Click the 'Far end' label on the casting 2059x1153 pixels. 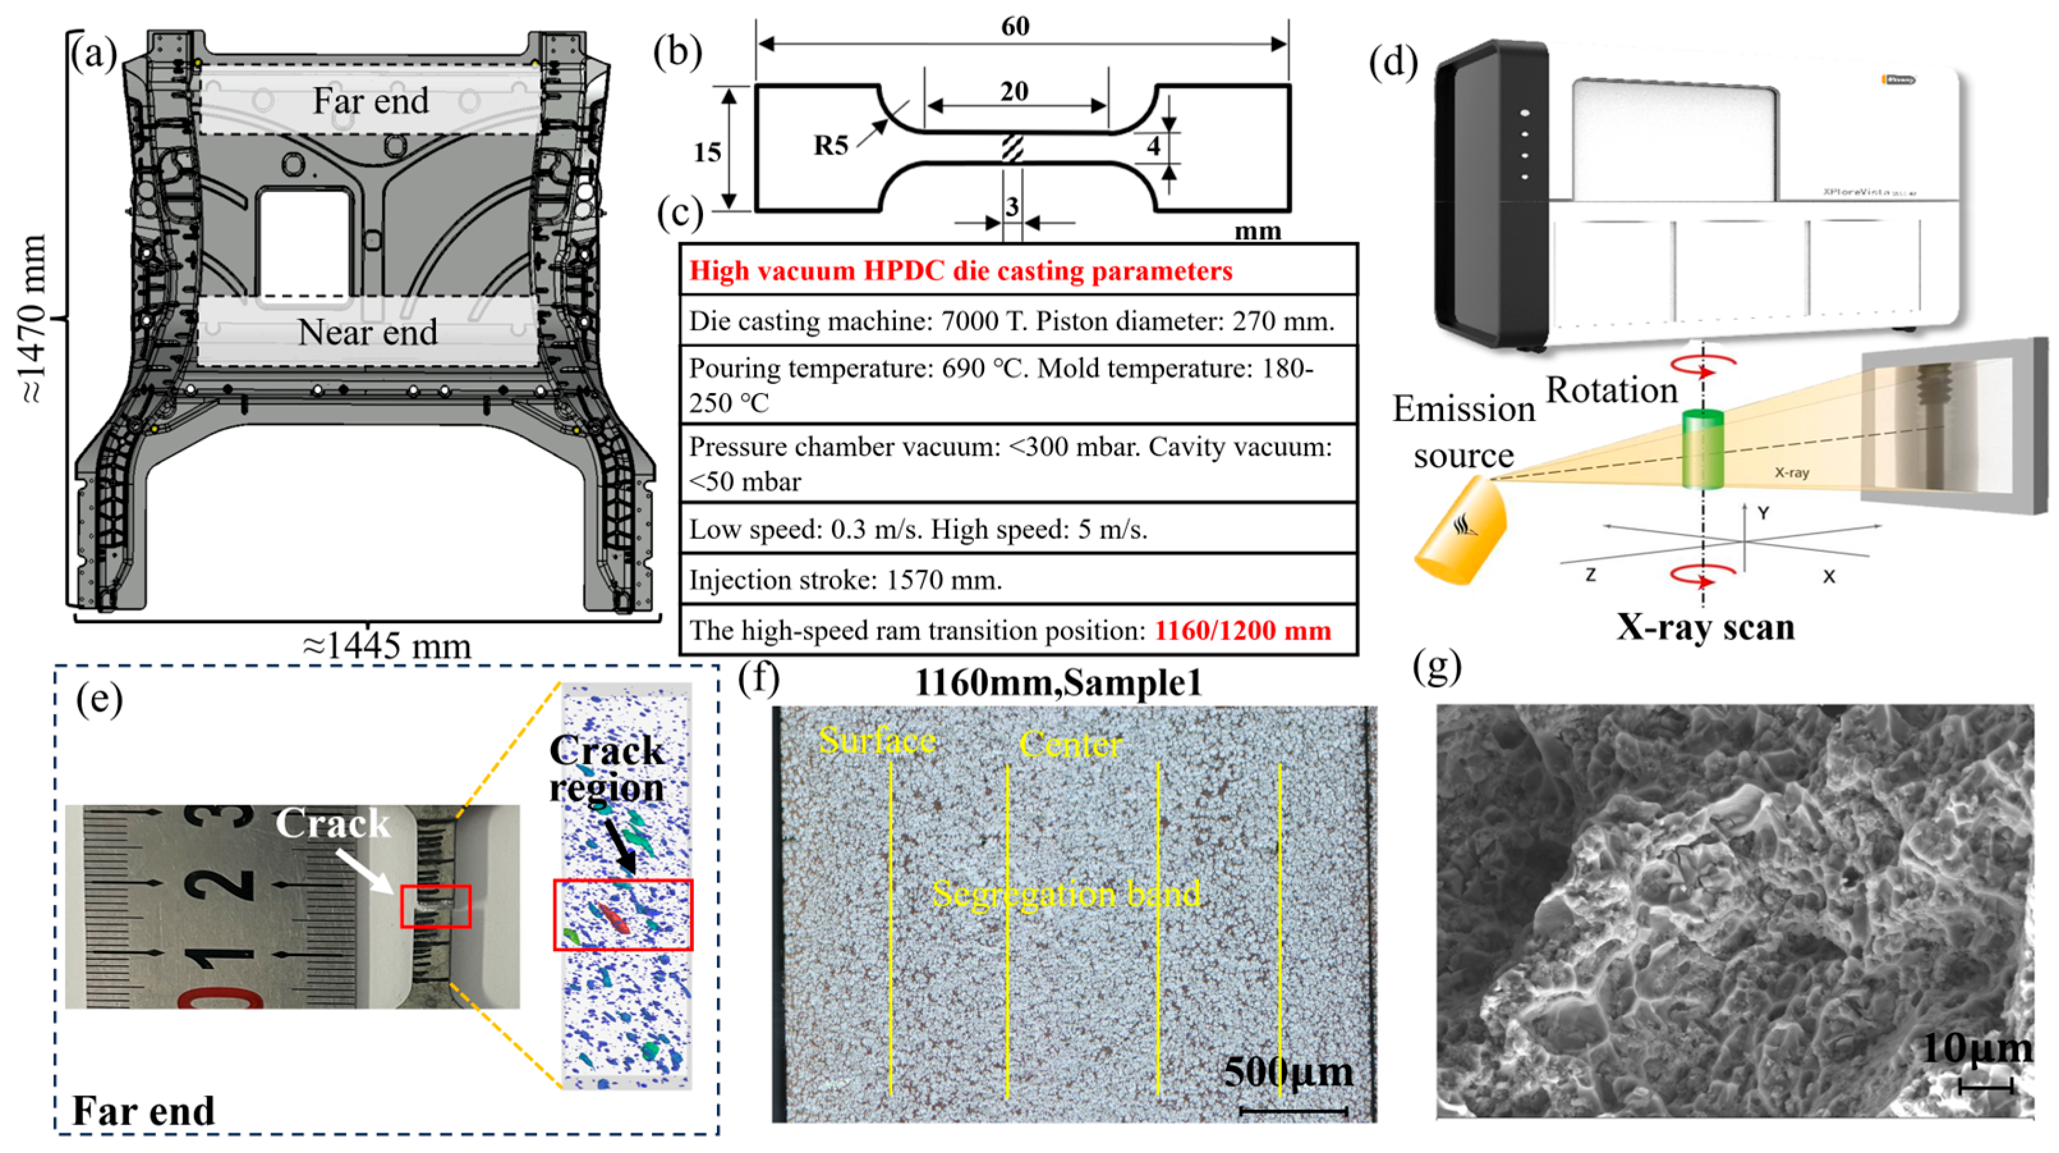coord(370,101)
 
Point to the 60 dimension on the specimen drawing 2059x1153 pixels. coord(1015,26)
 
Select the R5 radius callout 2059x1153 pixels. coord(831,146)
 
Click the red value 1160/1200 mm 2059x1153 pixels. coord(1243,631)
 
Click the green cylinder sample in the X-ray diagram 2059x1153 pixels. coord(1702,449)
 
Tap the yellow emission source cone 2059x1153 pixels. coord(1461,530)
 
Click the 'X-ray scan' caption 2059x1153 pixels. coord(1706,628)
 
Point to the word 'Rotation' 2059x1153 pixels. coord(1612,391)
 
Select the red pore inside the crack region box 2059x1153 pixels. coord(615,918)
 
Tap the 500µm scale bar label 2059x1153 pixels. coord(1288,1072)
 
